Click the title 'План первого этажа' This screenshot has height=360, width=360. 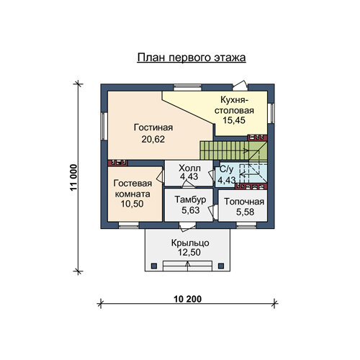pyautogui.click(x=192, y=58)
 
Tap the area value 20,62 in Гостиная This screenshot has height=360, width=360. pyautogui.click(x=153, y=139)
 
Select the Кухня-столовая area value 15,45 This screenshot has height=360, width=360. pyautogui.click(x=234, y=120)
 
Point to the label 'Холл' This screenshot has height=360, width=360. pyautogui.click(x=189, y=168)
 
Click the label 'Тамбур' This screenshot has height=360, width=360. pyautogui.click(x=190, y=199)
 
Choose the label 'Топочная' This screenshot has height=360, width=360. pyautogui.click(x=244, y=202)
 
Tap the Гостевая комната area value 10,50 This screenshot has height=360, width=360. pyautogui.click(x=132, y=204)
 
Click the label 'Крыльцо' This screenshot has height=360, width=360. pyautogui.click(x=190, y=243)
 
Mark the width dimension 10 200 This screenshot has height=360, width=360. pyautogui.click(x=188, y=299)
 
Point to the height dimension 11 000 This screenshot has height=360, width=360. pyautogui.click(x=73, y=177)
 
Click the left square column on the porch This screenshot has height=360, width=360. pyautogui.click(x=154, y=266)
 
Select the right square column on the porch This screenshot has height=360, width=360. pyautogui.click(x=221, y=266)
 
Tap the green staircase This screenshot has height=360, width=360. pyautogui.click(x=233, y=150)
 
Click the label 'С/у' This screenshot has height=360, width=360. pyautogui.click(x=226, y=169)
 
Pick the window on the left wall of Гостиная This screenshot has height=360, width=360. pyautogui.click(x=104, y=126)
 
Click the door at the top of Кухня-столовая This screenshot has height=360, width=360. pyautogui.click(x=240, y=86)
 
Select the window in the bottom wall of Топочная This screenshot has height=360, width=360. pyautogui.click(x=246, y=225)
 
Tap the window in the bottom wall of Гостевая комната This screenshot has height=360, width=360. pyautogui.click(x=129, y=225)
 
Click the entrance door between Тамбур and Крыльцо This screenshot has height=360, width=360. pyautogui.click(x=187, y=227)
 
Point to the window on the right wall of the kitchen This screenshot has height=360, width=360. pyautogui.click(x=271, y=113)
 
